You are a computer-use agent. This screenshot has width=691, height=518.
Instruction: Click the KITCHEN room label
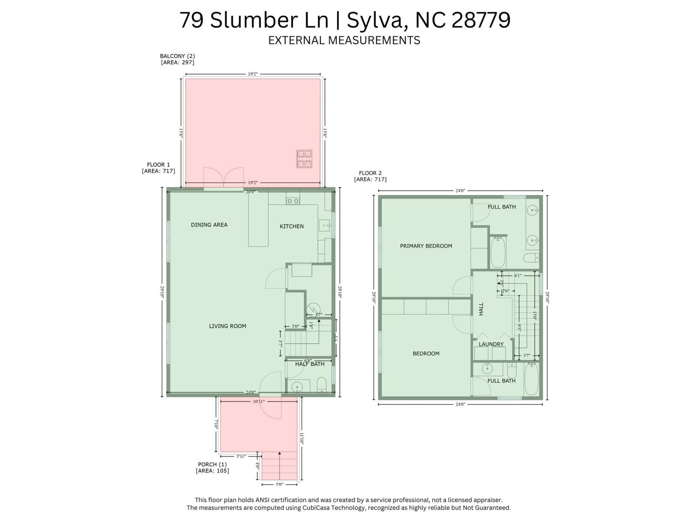click(x=292, y=226)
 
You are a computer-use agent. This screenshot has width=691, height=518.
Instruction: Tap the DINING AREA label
click(x=209, y=225)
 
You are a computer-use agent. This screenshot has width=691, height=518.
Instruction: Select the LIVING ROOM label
click(x=227, y=326)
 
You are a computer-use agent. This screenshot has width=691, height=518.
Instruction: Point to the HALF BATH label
click(x=310, y=364)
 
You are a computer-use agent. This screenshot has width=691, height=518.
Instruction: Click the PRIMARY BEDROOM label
click(x=426, y=246)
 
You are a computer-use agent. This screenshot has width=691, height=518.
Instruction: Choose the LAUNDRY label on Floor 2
click(x=491, y=344)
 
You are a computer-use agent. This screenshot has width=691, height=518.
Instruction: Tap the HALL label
click(x=481, y=309)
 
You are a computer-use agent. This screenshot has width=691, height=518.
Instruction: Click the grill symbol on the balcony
click(x=304, y=159)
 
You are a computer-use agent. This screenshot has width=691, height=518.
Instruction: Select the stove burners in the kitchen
click(x=293, y=201)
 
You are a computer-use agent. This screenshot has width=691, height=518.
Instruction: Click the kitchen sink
click(x=324, y=226)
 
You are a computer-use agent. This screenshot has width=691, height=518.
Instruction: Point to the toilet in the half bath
click(x=321, y=385)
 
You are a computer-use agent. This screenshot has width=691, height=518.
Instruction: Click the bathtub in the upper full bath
click(x=498, y=252)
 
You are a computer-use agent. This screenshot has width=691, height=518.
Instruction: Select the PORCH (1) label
click(x=212, y=464)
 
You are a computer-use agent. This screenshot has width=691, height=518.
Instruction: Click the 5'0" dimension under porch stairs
click(x=279, y=485)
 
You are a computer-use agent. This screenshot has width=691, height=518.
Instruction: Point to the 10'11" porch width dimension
click(x=258, y=401)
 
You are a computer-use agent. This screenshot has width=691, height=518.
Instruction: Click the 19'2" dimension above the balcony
click(x=253, y=74)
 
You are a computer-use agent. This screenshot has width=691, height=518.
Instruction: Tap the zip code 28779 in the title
click(x=480, y=20)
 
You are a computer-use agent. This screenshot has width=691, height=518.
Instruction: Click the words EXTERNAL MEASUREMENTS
click(x=344, y=40)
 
